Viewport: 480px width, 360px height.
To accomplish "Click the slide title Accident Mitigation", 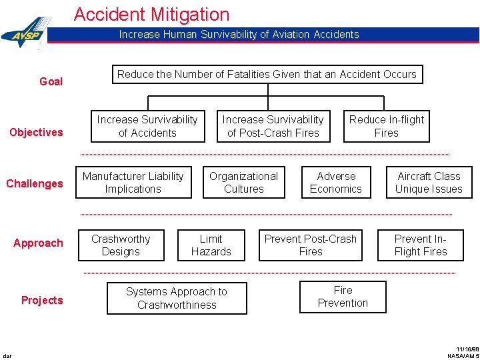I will [x=151, y=14].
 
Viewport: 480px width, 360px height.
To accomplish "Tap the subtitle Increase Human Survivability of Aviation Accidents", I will [x=239, y=35].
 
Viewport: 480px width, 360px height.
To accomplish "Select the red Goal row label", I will [x=51, y=81].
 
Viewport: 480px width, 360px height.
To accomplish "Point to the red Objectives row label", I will [x=36, y=132].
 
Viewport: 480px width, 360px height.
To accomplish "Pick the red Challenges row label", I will [x=35, y=183].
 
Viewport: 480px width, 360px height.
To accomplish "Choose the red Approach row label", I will [x=38, y=243].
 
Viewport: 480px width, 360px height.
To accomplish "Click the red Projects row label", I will [x=42, y=300].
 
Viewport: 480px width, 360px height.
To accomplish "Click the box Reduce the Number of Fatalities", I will [x=267, y=74].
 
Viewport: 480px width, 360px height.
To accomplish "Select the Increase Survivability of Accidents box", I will [x=147, y=126].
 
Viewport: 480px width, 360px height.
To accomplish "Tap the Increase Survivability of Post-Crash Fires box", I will [x=273, y=126].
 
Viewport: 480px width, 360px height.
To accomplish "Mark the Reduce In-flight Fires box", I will [x=387, y=126].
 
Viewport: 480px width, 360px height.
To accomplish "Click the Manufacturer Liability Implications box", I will [x=133, y=183].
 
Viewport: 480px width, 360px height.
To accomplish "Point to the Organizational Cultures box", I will [x=243, y=183].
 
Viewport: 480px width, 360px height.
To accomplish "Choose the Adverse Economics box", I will [x=336, y=183].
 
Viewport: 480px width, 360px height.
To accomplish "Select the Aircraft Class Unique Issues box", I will [x=429, y=183].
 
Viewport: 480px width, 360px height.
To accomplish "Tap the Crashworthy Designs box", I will [x=121, y=245].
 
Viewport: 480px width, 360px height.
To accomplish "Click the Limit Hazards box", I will [x=211, y=245].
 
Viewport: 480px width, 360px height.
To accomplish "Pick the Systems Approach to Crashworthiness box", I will [x=177, y=298].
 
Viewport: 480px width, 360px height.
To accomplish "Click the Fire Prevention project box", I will [x=343, y=297].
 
